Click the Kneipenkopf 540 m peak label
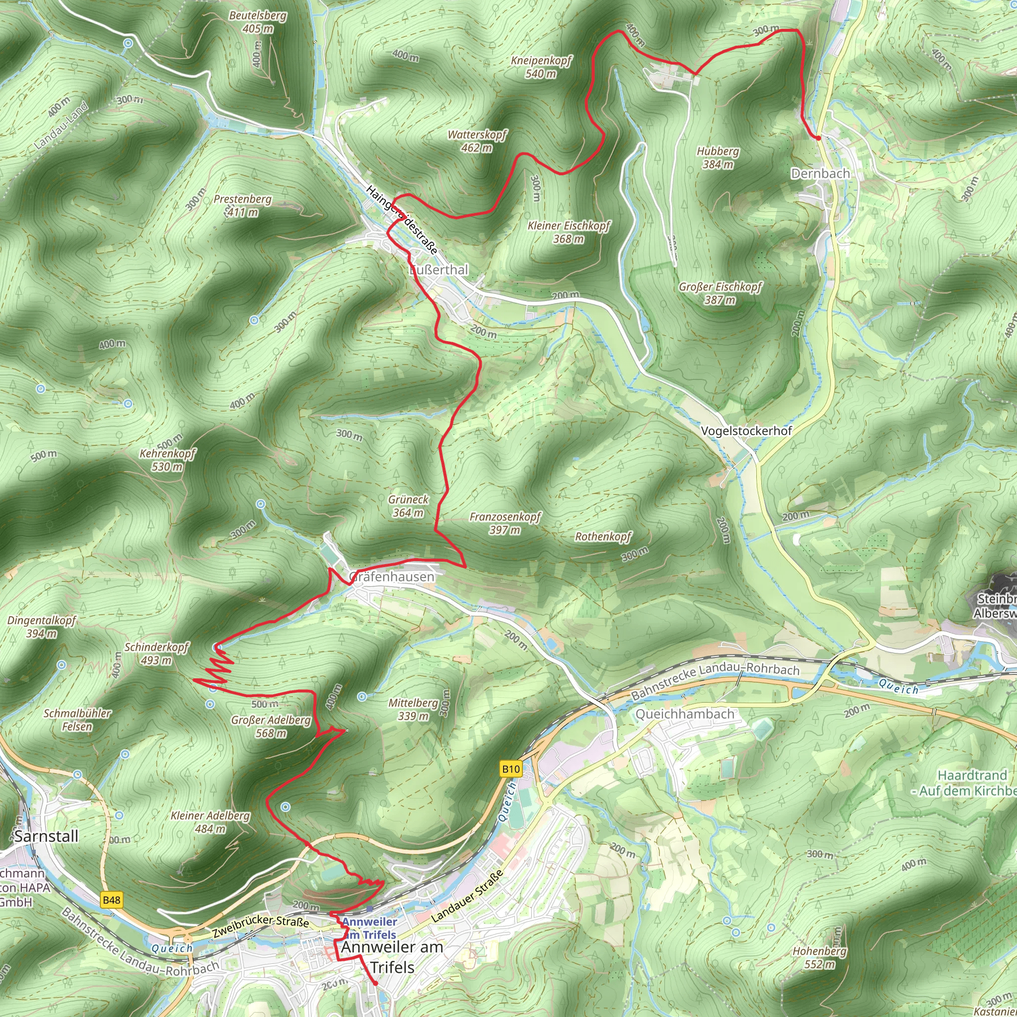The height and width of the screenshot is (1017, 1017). tap(541, 67)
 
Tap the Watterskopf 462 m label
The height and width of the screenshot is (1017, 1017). tap(477, 141)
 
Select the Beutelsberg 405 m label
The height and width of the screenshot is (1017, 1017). tap(257, 21)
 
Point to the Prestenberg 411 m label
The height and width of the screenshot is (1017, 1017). tap(243, 205)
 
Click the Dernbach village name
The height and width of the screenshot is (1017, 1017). tap(820, 173)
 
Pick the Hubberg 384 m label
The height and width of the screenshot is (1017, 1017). tap(718, 157)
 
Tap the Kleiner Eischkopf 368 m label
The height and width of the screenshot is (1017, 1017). tap(569, 232)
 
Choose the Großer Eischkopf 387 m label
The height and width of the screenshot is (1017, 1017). tap(720, 293)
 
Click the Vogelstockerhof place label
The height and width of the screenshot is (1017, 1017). tap(746, 431)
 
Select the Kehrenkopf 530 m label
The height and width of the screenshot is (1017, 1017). tap(167, 459)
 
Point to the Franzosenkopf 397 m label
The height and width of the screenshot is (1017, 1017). tap(505, 523)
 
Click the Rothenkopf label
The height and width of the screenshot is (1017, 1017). tap(603, 536)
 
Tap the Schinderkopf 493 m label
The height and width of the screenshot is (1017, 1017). tap(156, 654)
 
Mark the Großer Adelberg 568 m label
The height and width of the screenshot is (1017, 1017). tap(271, 726)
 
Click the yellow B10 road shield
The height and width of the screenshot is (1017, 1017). tap(510, 769)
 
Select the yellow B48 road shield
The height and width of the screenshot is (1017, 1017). tap(112, 900)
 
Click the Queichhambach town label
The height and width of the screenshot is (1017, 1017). tap(685, 714)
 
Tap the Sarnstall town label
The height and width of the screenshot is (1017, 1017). tap(46, 836)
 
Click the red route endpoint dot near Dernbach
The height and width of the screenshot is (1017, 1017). tap(818, 138)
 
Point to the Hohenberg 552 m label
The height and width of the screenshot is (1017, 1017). tap(819, 957)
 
